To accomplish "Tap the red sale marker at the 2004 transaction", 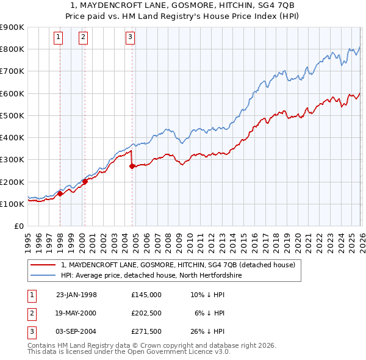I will (132, 166).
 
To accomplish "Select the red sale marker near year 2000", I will (85, 181).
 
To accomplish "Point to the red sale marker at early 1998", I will (60, 193).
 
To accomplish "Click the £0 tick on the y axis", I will (20, 226).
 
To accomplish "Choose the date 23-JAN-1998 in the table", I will (76, 294).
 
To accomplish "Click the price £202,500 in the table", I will (146, 312).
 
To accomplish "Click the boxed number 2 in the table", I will (30, 312).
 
